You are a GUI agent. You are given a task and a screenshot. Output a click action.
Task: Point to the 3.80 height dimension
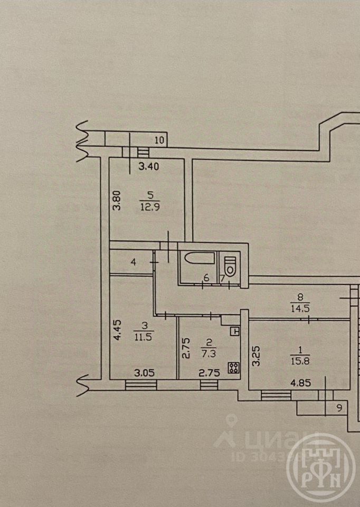(x=118, y=200)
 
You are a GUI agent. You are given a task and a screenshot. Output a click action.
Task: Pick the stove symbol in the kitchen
(x=232, y=368)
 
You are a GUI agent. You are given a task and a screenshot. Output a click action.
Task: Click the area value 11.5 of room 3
(x=144, y=338)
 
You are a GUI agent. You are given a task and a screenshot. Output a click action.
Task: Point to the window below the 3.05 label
(x=141, y=384)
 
